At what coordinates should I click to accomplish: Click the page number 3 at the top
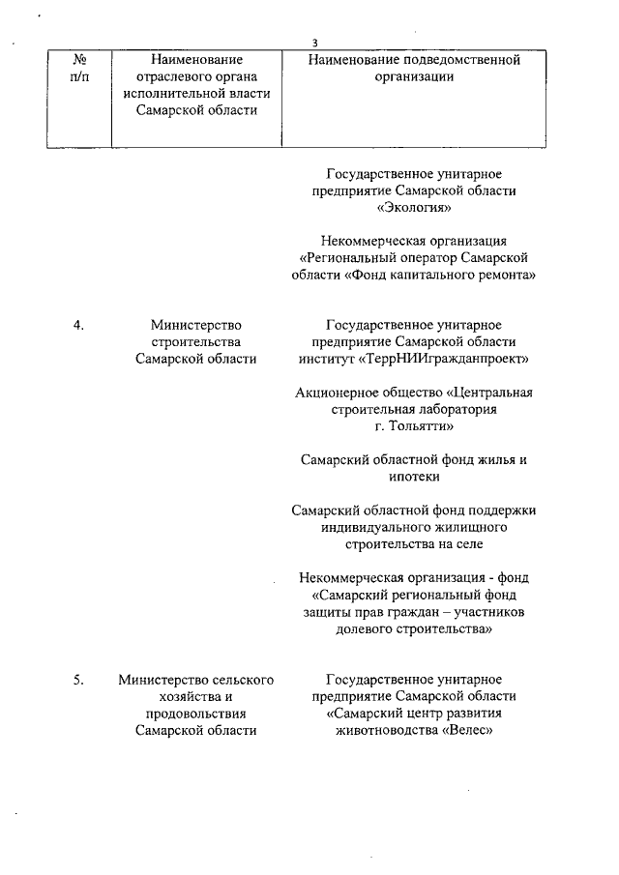coord(315,43)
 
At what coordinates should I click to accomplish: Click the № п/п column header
coord(79,68)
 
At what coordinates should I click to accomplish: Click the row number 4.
coord(79,325)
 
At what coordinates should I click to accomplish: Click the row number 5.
coord(79,680)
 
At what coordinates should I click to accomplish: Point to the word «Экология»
coord(414,207)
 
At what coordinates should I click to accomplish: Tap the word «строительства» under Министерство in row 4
coord(196,342)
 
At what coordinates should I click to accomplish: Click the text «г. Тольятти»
coord(414,425)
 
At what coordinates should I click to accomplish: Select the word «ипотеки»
coord(414,477)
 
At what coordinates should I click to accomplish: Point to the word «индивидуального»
coord(371,527)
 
